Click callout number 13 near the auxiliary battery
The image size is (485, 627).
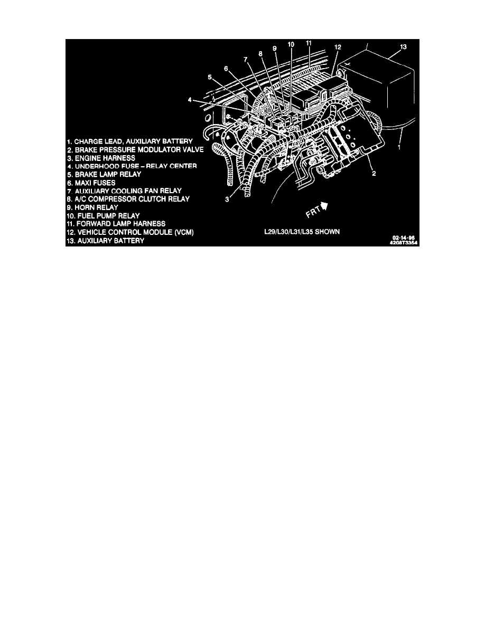click(x=403, y=47)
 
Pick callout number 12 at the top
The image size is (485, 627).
click(x=338, y=47)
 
